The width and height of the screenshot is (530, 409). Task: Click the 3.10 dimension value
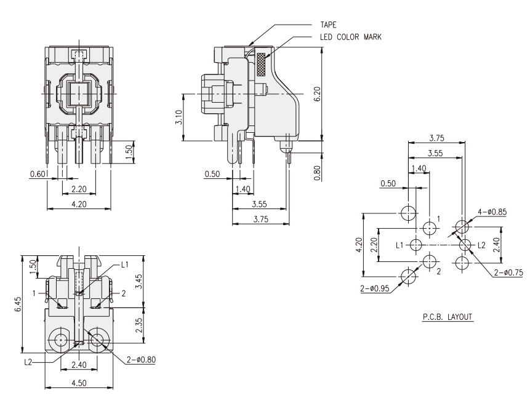(x=179, y=117)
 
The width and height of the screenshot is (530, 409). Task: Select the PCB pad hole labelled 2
(x=430, y=263)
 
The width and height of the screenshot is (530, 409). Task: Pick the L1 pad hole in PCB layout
(x=415, y=245)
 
